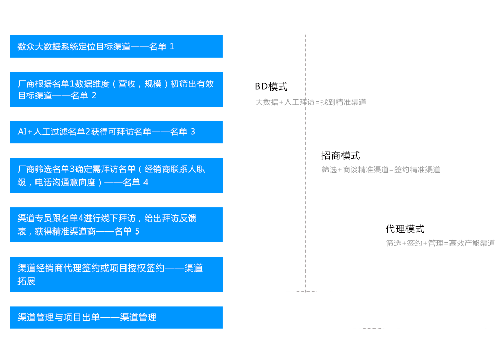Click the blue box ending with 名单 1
tap(116, 46)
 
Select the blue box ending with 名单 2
tap(116, 89)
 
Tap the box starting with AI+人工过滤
tap(116, 132)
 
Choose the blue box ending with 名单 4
tap(116, 175)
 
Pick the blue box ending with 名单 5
tap(116, 225)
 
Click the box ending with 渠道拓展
tap(116, 274)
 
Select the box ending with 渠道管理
tap(116, 317)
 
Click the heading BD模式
tap(271, 86)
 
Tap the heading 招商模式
tap(340, 155)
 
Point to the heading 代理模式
tap(405, 229)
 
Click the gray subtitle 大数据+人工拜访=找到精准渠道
tap(311, 102)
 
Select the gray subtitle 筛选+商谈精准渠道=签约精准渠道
tap(381, 169)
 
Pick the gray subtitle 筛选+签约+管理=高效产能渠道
tap(440, 243)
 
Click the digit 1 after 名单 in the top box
tap(172, 47)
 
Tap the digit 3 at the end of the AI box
tap(193, 132)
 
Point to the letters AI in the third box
tap(22, 132)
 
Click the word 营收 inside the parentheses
tap(127, 84)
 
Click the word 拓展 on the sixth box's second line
tap(26, 281)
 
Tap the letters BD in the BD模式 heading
tap(261, 86)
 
